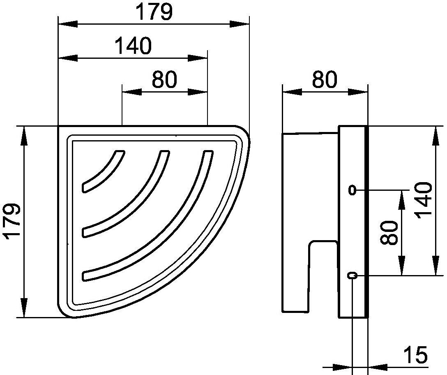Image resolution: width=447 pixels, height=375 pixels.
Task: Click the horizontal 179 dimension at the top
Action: [154, 12]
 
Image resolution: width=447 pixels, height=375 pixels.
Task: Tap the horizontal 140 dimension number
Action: [133, 46]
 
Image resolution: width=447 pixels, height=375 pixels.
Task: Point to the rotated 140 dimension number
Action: [424, 201]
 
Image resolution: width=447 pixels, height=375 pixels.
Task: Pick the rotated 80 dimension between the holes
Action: [389, 233]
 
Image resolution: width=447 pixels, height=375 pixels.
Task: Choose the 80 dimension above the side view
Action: [325, 79]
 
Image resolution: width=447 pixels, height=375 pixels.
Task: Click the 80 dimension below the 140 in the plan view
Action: [164, 79]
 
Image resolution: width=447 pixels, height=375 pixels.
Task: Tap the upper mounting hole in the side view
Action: [353, 190]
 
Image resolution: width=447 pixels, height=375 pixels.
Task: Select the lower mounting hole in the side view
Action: [353, 275]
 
